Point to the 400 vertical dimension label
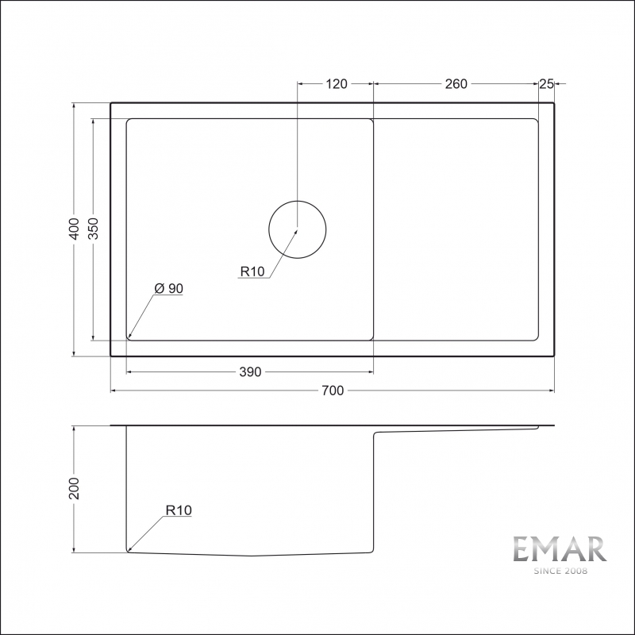pyautogui.click(x=74, y=229)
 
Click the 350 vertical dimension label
pyautogui.click(x=93, y=229)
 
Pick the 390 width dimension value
pyautogui.click(x=250, y=372)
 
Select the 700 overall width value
pyautogui.click(x=333, y=390)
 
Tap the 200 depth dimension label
pyautogui.click(x=74, y=488)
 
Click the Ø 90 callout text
pyautogui.click(x=169, y=289)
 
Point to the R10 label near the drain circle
pyautogui.click(x=252, y=272)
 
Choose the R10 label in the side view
pyautogui.click(x=179, y=510)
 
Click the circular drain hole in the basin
pyautogui.click(x=297, y=229)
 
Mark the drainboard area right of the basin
pyautogui.click(x=456, y=229)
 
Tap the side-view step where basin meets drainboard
pyautogui.click(x=374, y=433)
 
